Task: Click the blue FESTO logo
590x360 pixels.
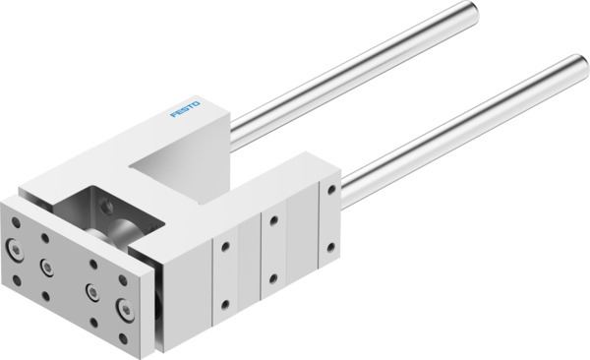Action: [185, 108]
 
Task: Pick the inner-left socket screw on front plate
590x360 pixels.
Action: [45, 265]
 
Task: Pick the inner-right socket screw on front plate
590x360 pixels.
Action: [91, 291]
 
